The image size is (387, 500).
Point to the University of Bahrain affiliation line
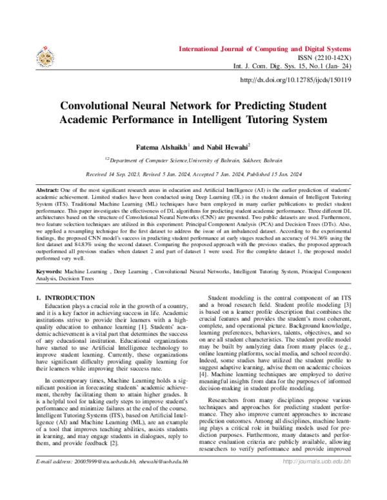193,159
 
